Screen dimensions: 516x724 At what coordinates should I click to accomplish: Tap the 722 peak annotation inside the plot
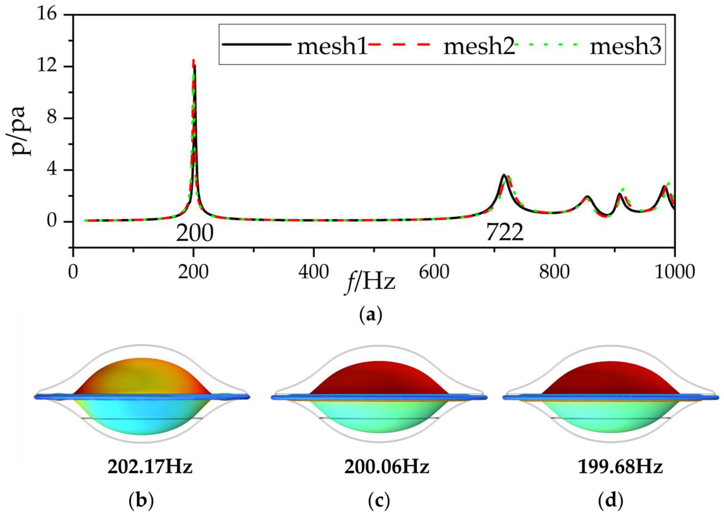click(x=504, y=234)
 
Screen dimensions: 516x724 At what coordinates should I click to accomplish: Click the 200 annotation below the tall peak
click(x=194, y=234)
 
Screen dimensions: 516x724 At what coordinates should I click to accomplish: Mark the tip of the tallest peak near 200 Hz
click(x=193, y=60)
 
